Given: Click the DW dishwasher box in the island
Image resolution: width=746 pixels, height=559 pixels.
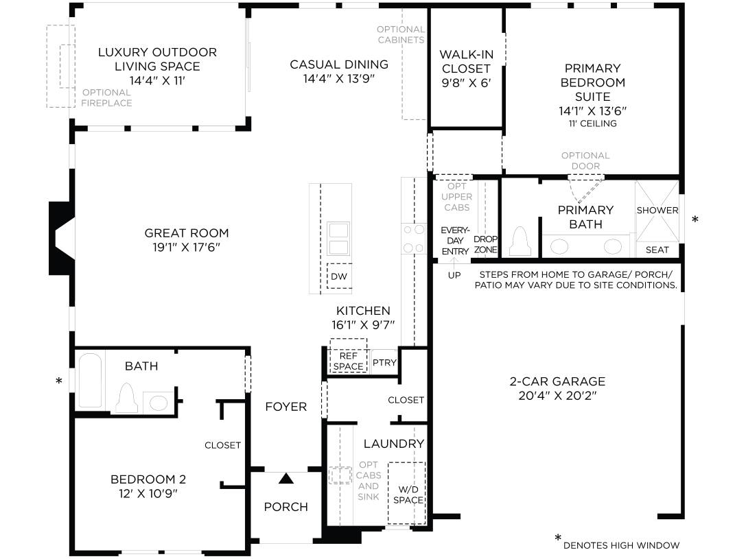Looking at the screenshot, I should click(339, 276).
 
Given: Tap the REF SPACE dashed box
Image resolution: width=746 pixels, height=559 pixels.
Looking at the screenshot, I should click(348, 357).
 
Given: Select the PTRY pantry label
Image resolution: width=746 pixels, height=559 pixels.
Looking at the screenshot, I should click(384, 362).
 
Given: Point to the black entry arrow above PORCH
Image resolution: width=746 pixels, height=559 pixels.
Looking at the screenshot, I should click(286, 479).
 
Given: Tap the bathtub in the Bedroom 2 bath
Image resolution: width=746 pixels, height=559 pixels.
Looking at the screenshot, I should click(90, 381).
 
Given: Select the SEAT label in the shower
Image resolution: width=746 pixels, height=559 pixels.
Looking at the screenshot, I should click(657, 250).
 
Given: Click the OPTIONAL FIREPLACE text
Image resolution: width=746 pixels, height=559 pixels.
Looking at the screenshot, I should click(106, 98).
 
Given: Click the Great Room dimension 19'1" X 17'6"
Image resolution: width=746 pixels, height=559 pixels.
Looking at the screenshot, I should click(186, 247).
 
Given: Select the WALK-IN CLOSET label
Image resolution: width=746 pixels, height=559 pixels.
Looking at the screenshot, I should click(465, 62).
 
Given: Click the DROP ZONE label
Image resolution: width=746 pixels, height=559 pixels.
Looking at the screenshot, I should click(485, 244).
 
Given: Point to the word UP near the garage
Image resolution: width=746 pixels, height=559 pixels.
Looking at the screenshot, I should click(454, 275).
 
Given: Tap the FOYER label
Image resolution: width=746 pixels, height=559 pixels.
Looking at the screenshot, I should click(286, 407).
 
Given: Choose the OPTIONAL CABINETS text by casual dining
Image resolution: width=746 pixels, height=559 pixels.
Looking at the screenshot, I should click(401, 34).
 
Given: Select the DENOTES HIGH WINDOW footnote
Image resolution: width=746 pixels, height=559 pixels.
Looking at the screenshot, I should click(621, 545).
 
